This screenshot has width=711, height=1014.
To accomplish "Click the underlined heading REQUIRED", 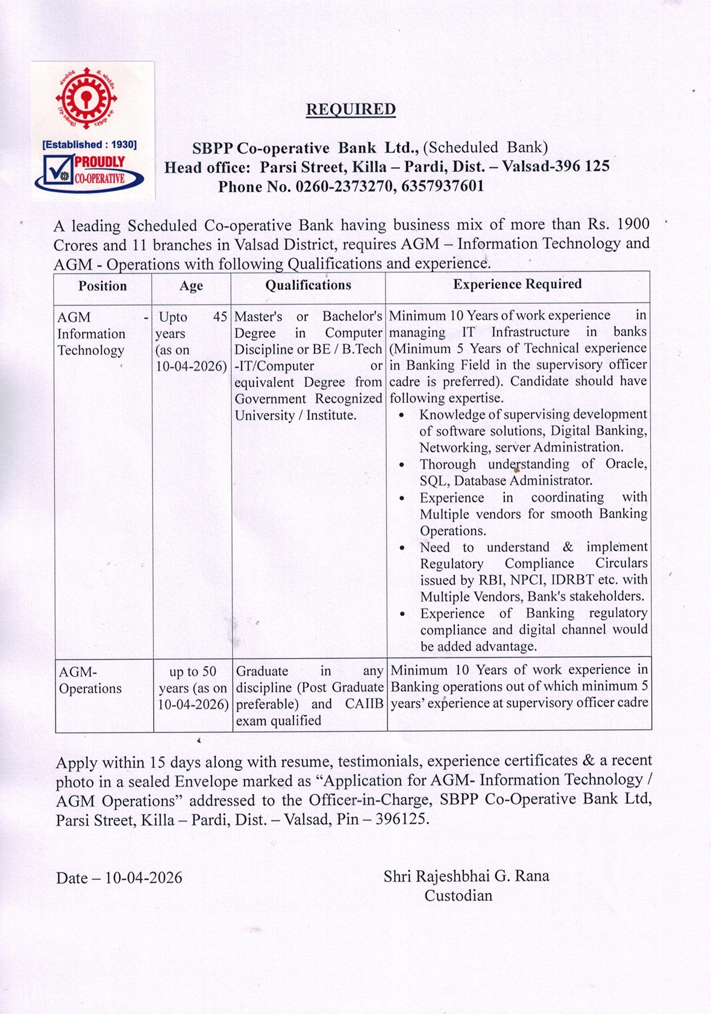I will tap(351, 110).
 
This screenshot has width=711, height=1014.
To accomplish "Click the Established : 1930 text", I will tap(90, 145).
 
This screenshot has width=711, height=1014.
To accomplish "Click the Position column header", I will tap(102, 286).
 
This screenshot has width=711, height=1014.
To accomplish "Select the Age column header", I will tap(191, 286).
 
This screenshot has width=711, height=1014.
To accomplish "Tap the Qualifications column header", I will tap(308, 286).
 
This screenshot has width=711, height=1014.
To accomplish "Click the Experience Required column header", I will tap(518, 284).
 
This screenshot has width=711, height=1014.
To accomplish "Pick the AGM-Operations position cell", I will tap(90, 680).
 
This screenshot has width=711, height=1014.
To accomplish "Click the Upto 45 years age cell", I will tap(192, 341).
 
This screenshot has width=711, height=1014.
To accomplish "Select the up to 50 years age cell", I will tap(193, 688).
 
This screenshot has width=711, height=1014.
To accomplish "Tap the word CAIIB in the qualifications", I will tap(364, 704).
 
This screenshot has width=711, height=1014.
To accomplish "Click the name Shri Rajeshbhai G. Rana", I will tap(466, 876).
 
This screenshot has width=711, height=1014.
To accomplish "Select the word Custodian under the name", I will tap(458, 896).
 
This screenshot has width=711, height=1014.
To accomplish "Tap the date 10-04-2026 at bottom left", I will tap(143, 878).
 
